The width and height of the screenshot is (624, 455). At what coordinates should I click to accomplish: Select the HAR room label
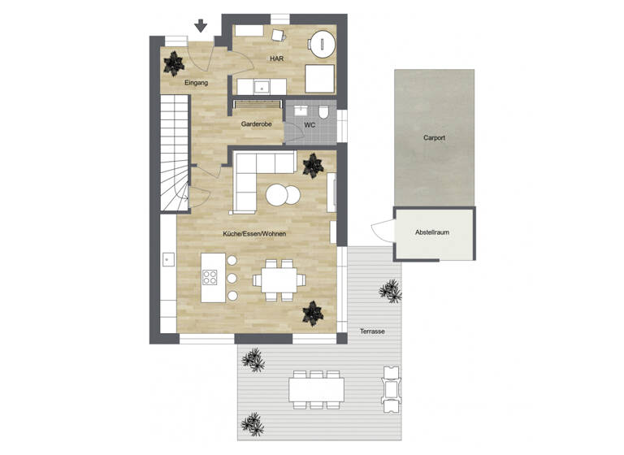click(x=275, y=59)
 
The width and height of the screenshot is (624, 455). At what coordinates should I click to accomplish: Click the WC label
click(x=310, y=125)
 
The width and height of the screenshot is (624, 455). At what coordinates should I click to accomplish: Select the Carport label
click(x=434, y=138)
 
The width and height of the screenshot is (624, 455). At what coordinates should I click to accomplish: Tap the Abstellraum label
click(x=432, y=232)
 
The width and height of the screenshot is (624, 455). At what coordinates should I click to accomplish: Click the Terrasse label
click(x=372, y=331)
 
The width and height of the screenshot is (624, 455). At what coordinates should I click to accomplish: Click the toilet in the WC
click(x=323, y=112)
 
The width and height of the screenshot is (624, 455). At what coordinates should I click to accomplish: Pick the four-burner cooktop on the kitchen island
click(x=210, y=275)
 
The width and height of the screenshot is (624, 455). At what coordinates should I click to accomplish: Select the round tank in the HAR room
click(x=323, y=42)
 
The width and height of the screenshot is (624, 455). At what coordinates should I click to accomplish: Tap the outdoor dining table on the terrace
click(x=316, y=388)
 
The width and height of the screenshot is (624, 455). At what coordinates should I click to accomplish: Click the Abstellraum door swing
click(x=380, y=231)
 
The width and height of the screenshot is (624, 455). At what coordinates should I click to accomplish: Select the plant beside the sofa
click(x=312, y=166)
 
